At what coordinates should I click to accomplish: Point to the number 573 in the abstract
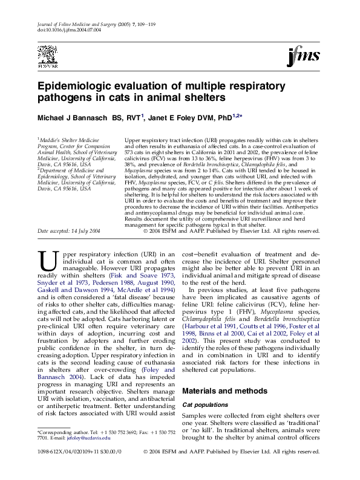click(131, 151)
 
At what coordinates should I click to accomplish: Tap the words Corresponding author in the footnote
click(56, 433)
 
